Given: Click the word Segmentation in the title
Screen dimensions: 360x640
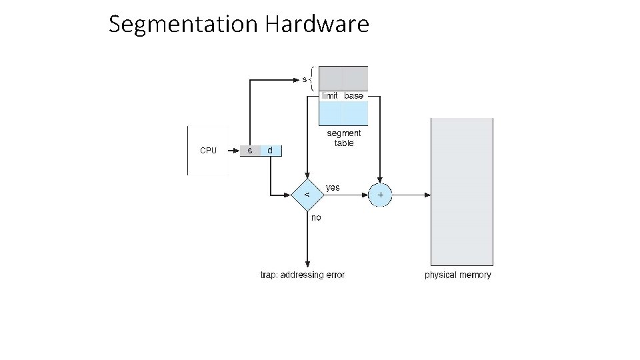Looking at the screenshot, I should [183, 25].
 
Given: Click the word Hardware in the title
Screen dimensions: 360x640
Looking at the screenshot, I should [317, 25].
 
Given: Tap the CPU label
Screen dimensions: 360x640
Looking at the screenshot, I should [209, 151].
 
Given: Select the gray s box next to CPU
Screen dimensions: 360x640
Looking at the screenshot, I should [250, 151].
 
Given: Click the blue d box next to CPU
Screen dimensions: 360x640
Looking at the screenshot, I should [270, 151].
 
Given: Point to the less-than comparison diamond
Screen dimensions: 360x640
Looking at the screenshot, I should [307, 195].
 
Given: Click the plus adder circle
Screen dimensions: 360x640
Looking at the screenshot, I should [381, 195].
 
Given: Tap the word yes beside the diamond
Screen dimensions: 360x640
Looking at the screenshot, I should [333, 187].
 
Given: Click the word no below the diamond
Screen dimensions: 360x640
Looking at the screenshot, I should [316, 217].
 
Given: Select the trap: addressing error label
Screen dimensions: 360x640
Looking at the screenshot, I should [302, 275].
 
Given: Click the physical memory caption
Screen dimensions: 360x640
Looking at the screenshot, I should [458, 275].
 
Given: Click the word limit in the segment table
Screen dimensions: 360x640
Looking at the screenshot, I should [330, 96].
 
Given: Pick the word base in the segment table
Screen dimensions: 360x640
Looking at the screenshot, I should [354, 96].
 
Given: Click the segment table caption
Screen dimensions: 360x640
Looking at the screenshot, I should [344, 138].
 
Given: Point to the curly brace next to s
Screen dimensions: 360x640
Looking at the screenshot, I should [313, 79].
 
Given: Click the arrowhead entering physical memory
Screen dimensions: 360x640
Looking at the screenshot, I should [427, 195].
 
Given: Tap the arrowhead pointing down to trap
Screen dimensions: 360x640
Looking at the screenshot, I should [307, 263].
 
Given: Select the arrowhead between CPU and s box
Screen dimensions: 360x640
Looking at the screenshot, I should [235, 151].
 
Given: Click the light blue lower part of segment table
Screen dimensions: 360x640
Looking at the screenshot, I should [343, 113].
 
